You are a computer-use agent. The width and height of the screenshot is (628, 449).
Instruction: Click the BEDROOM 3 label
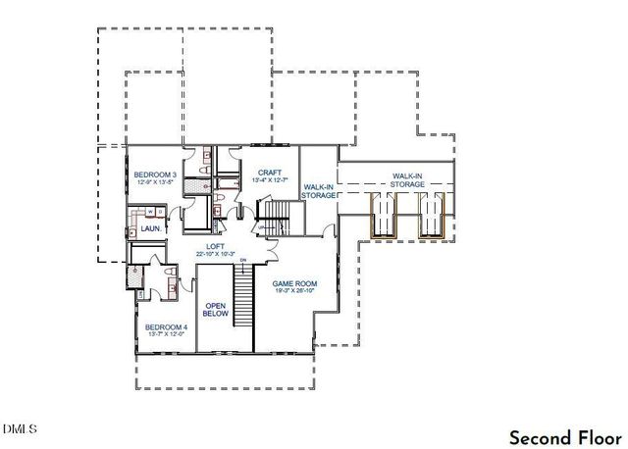click(x=154, y=174)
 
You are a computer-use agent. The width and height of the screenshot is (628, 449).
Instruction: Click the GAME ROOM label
click(x=294, y=282)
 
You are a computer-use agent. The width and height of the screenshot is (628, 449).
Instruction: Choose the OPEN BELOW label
click(x=215, y=309)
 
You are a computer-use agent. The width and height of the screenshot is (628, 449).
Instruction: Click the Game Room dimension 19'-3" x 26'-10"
click(x=294, y=291)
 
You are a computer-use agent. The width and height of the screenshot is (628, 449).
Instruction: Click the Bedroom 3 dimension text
click(x=154, y=182)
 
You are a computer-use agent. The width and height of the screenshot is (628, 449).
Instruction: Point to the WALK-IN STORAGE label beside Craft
click(x=319, y=190)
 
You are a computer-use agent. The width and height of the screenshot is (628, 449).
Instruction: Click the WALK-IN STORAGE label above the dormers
click(x=406, y=179)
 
